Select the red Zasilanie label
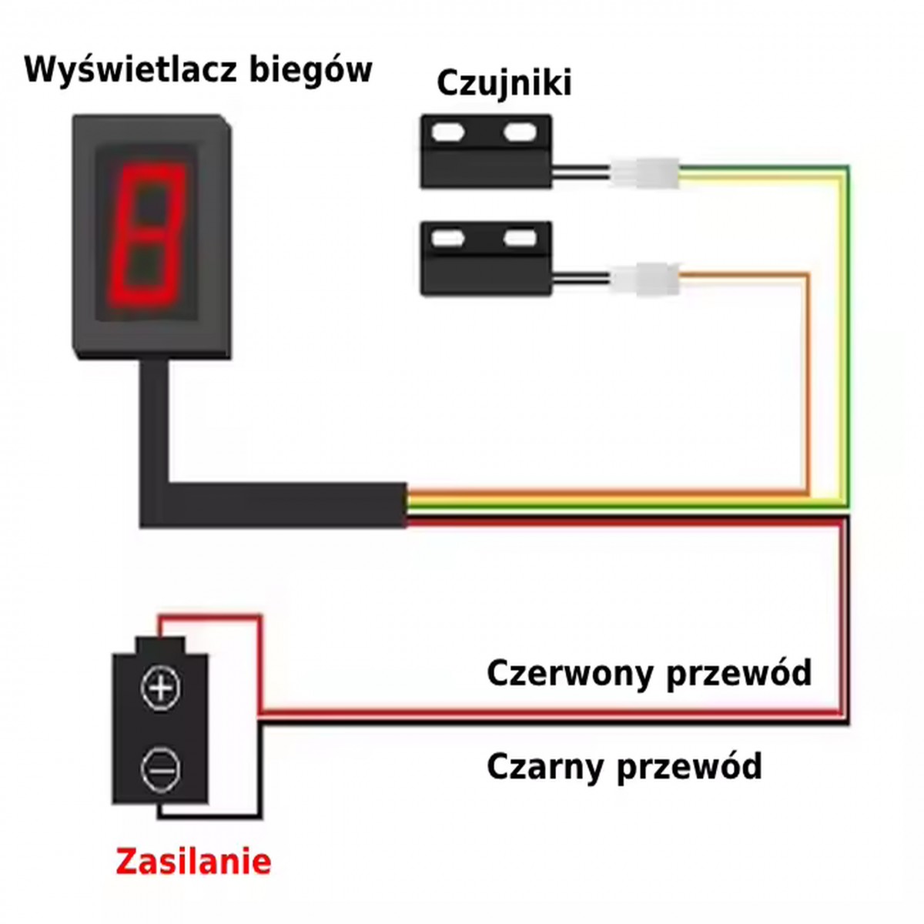[x=193, y=862]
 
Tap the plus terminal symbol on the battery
[x=161, y=689]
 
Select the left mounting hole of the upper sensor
[x=448, y=132]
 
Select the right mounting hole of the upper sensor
[x=521, y=132]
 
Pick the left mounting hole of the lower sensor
[x=448, y=238]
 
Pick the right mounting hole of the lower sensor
[x=521, y=238]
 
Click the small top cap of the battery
[x=160, y=645]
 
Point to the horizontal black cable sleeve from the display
[x=283, y=505]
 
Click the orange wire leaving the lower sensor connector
[x=806, y=383]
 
